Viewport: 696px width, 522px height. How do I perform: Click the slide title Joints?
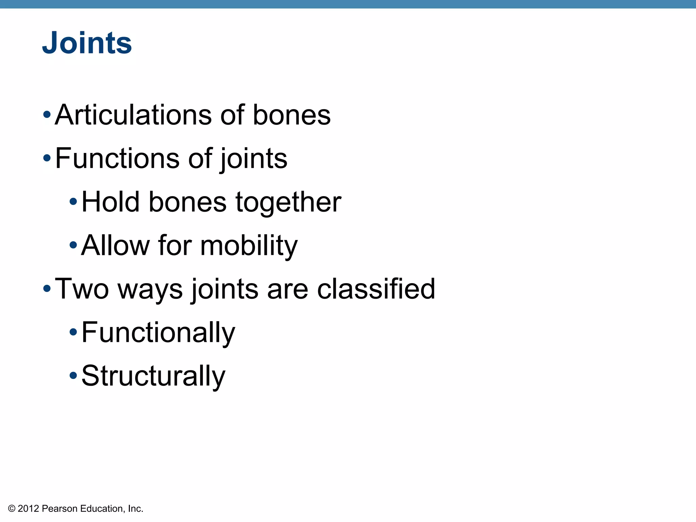click(x=87, y=43)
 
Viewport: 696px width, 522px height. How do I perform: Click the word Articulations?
click(x=133, y=115)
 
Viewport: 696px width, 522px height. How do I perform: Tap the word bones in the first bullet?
click(x=291, y=115)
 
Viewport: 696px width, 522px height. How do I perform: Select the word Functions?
click(x=117, y=158)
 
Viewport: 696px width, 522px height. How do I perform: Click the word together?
click(x=288, y=202)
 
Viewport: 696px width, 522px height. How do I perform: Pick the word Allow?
click(x=115, y=245)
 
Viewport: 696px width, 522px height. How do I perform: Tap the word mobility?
click(x=249, y=245)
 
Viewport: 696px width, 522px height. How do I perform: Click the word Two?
click(x=82, y=289)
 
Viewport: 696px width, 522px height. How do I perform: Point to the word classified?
click(x=376, y=289)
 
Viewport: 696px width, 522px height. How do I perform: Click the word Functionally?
click(x=158, y=332)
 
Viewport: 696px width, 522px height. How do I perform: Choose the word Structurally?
click(x=153, y=376)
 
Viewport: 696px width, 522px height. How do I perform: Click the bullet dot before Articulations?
click(x=47, y=115)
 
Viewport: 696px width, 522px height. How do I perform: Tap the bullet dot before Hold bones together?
click(x=73, y=202)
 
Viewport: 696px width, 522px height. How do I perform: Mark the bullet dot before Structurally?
click(x=73, y=376)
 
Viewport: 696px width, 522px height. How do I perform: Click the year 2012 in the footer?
click(x=28, y=509)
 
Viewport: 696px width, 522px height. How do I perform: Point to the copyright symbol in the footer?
click(x=12, y=509)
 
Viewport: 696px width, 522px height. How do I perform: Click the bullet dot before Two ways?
click(x=47, y=289)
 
